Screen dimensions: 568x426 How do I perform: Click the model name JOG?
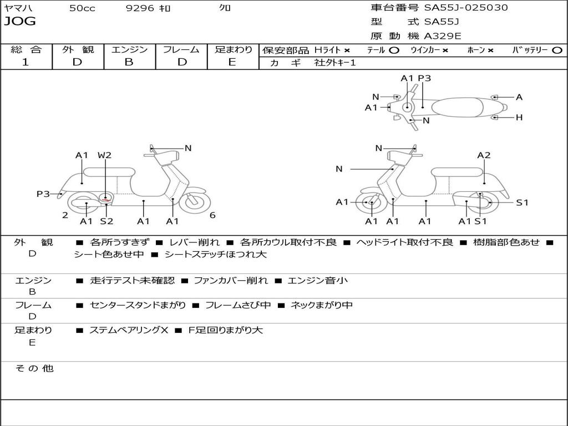(x=20, y=22)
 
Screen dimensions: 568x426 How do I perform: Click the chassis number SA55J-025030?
(x=466, y=8)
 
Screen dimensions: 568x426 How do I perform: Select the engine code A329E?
(x=443, y=36)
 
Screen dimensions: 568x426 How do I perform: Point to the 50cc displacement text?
(x=82, y=8)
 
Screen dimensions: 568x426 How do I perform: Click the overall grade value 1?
(x=26, y=62)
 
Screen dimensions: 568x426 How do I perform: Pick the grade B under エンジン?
(x=129, y=62)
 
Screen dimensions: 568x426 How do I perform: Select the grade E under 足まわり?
(x=232, y=62)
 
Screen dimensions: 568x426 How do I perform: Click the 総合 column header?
(x=26, y=49)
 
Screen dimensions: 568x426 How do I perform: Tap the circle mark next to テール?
(x=394, y=50)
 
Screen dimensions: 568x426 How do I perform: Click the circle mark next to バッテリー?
(x=557, y=50)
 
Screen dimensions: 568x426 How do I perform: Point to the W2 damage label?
(x=104, y=155)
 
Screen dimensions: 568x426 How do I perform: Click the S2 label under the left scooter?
(x=106, y=221)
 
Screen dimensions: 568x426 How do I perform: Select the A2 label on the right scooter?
(x=484, y=155)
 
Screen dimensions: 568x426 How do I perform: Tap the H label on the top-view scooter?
(x=519, y=118)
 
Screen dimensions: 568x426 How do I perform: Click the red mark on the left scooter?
(x=105, y=199)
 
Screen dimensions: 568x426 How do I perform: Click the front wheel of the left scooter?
(x=195, y=203)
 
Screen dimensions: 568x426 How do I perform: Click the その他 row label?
(x=34, y=368)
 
